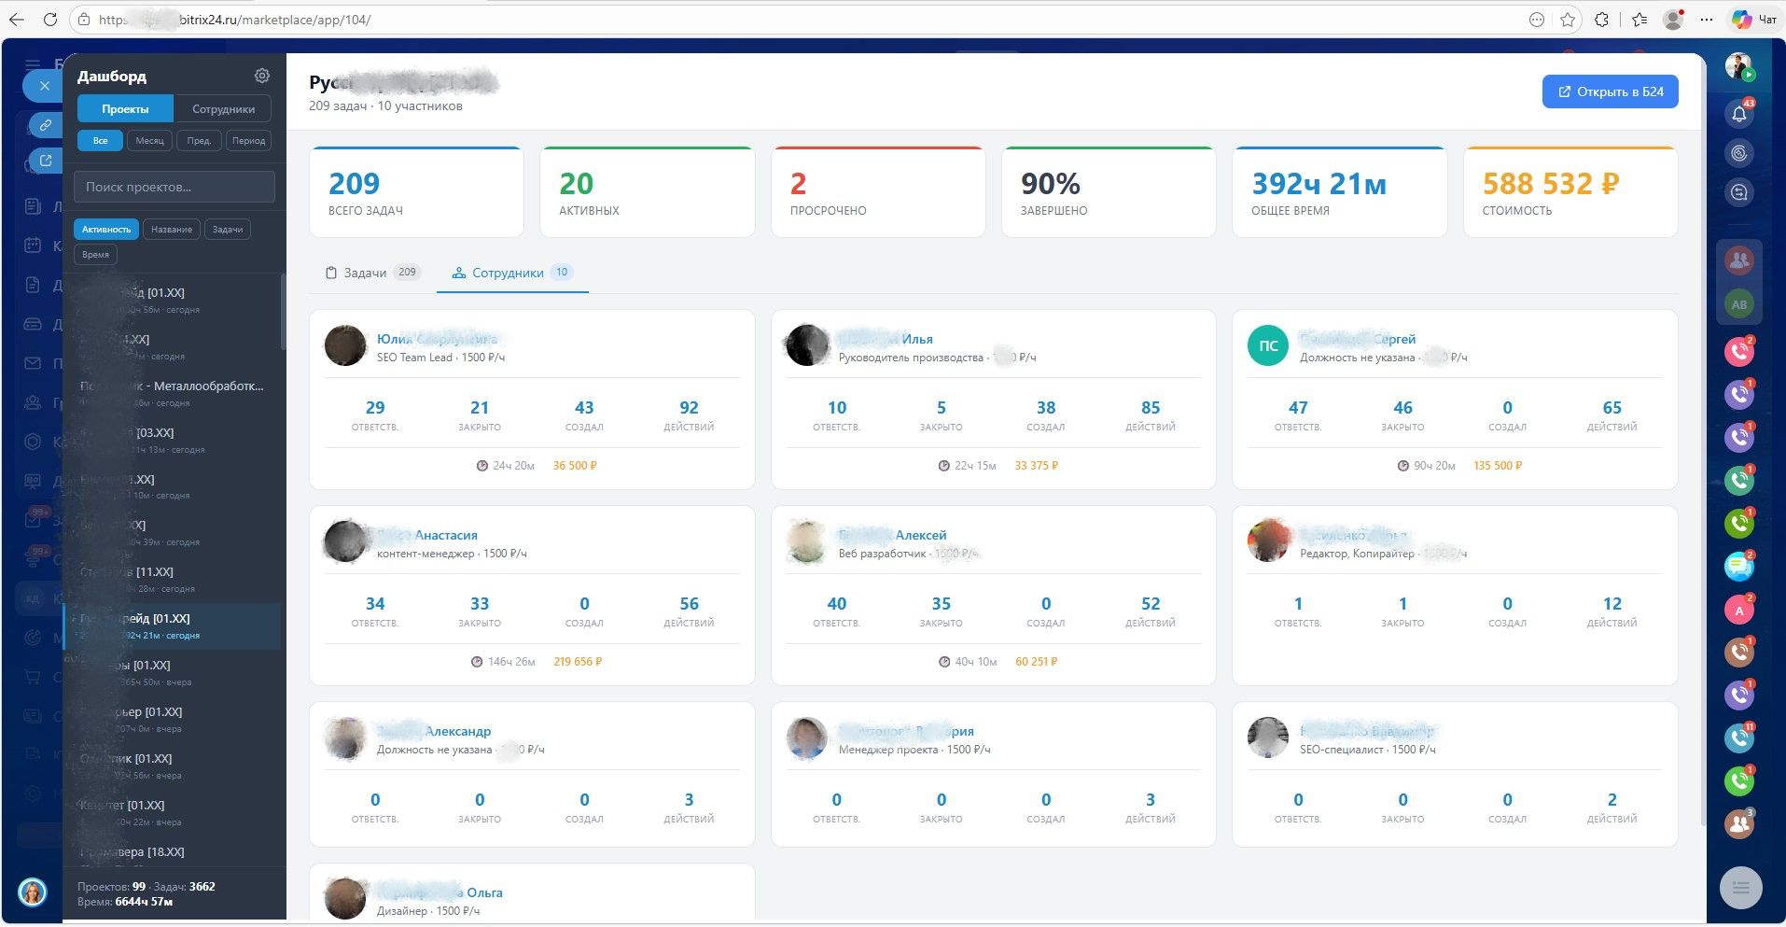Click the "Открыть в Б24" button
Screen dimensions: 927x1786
click(1610, 91)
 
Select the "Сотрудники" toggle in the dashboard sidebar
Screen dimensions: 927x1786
click(223, 109)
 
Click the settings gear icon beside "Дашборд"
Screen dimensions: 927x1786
click(262, 76)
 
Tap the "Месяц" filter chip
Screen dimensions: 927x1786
click(149, 141)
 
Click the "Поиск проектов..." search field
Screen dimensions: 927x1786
click(174, 187)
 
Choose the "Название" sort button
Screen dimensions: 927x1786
click(172, 230)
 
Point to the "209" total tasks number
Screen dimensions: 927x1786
click(355, 184)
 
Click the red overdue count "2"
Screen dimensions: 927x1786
click(798, 184)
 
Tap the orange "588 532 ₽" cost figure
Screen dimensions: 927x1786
click(1550, 184)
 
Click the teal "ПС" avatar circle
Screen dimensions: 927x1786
click(1267, 345)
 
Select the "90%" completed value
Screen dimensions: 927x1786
click(1050, 184)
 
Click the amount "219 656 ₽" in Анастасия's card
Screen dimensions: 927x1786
click(578, 662)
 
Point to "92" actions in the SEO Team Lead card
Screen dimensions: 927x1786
click(689, 408)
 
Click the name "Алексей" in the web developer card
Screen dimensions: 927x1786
click(920, 535)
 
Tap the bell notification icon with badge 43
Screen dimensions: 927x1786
click(1739, 114)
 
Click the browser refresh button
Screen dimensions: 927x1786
click(50, 20)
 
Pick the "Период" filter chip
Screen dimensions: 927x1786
click(248, 141)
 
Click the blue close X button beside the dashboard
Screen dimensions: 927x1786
click(44, 86)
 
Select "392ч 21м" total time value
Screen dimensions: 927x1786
click(1319, 184)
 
